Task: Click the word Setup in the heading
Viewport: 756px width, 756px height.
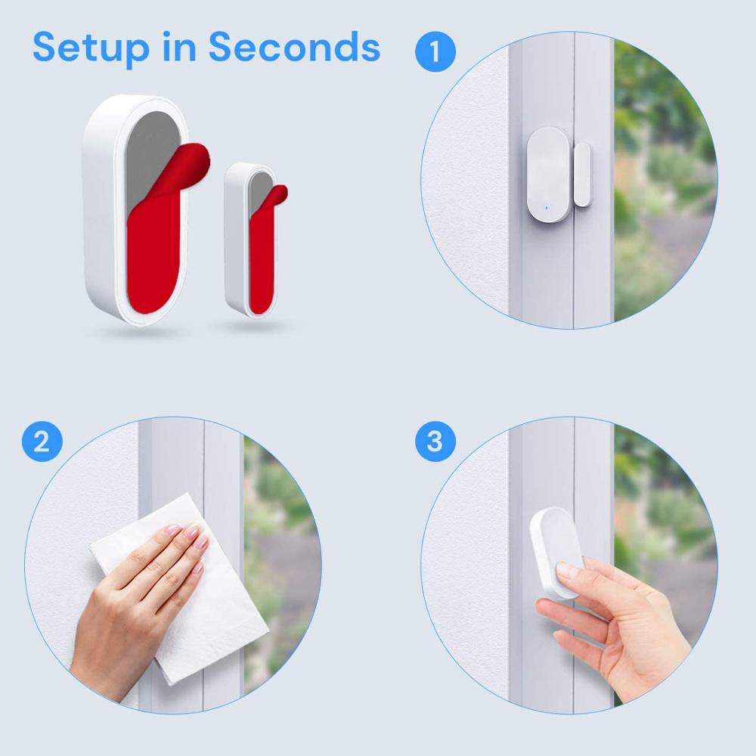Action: click(91, 48)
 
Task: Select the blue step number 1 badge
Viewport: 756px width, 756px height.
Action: click(435, 52)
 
